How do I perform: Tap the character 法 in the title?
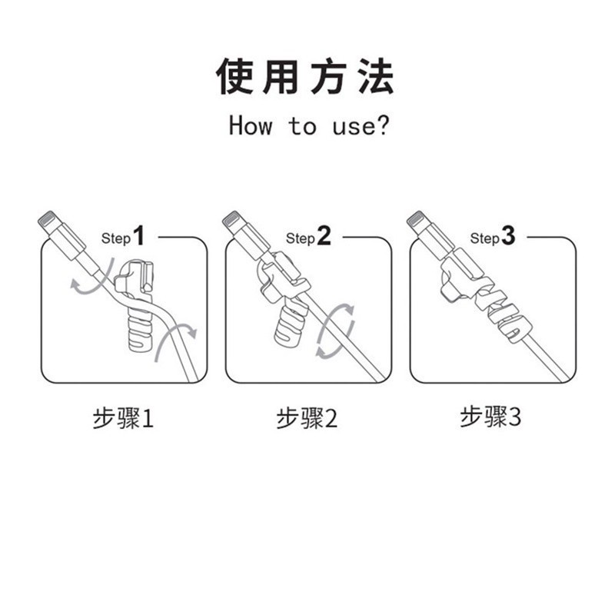[376, 76]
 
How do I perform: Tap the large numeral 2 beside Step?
[324, 235]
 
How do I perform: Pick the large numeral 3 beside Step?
[508, 235]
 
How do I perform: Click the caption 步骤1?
[124, 419]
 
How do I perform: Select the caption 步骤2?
[307, 419]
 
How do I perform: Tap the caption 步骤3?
[491, 417]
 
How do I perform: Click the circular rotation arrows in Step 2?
[336, 329]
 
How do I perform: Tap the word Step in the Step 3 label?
[484, 238]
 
